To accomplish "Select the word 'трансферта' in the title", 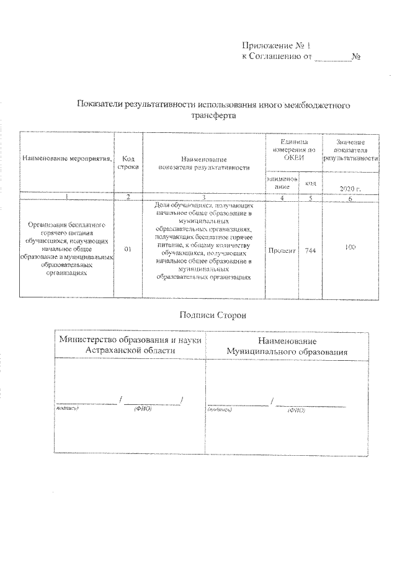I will pos(213,116).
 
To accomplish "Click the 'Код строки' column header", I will pos(128,163).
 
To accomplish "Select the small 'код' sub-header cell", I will pos(310,183).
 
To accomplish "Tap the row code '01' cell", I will pos(128,249).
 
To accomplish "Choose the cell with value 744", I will pos(310,249).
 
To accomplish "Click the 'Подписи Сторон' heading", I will pos(212,315).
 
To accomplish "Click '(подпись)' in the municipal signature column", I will pos(220,410).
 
